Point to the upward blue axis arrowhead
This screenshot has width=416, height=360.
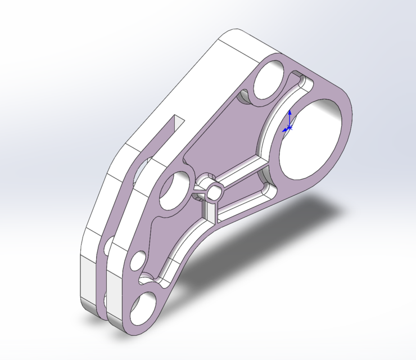click(x=290, y=112)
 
